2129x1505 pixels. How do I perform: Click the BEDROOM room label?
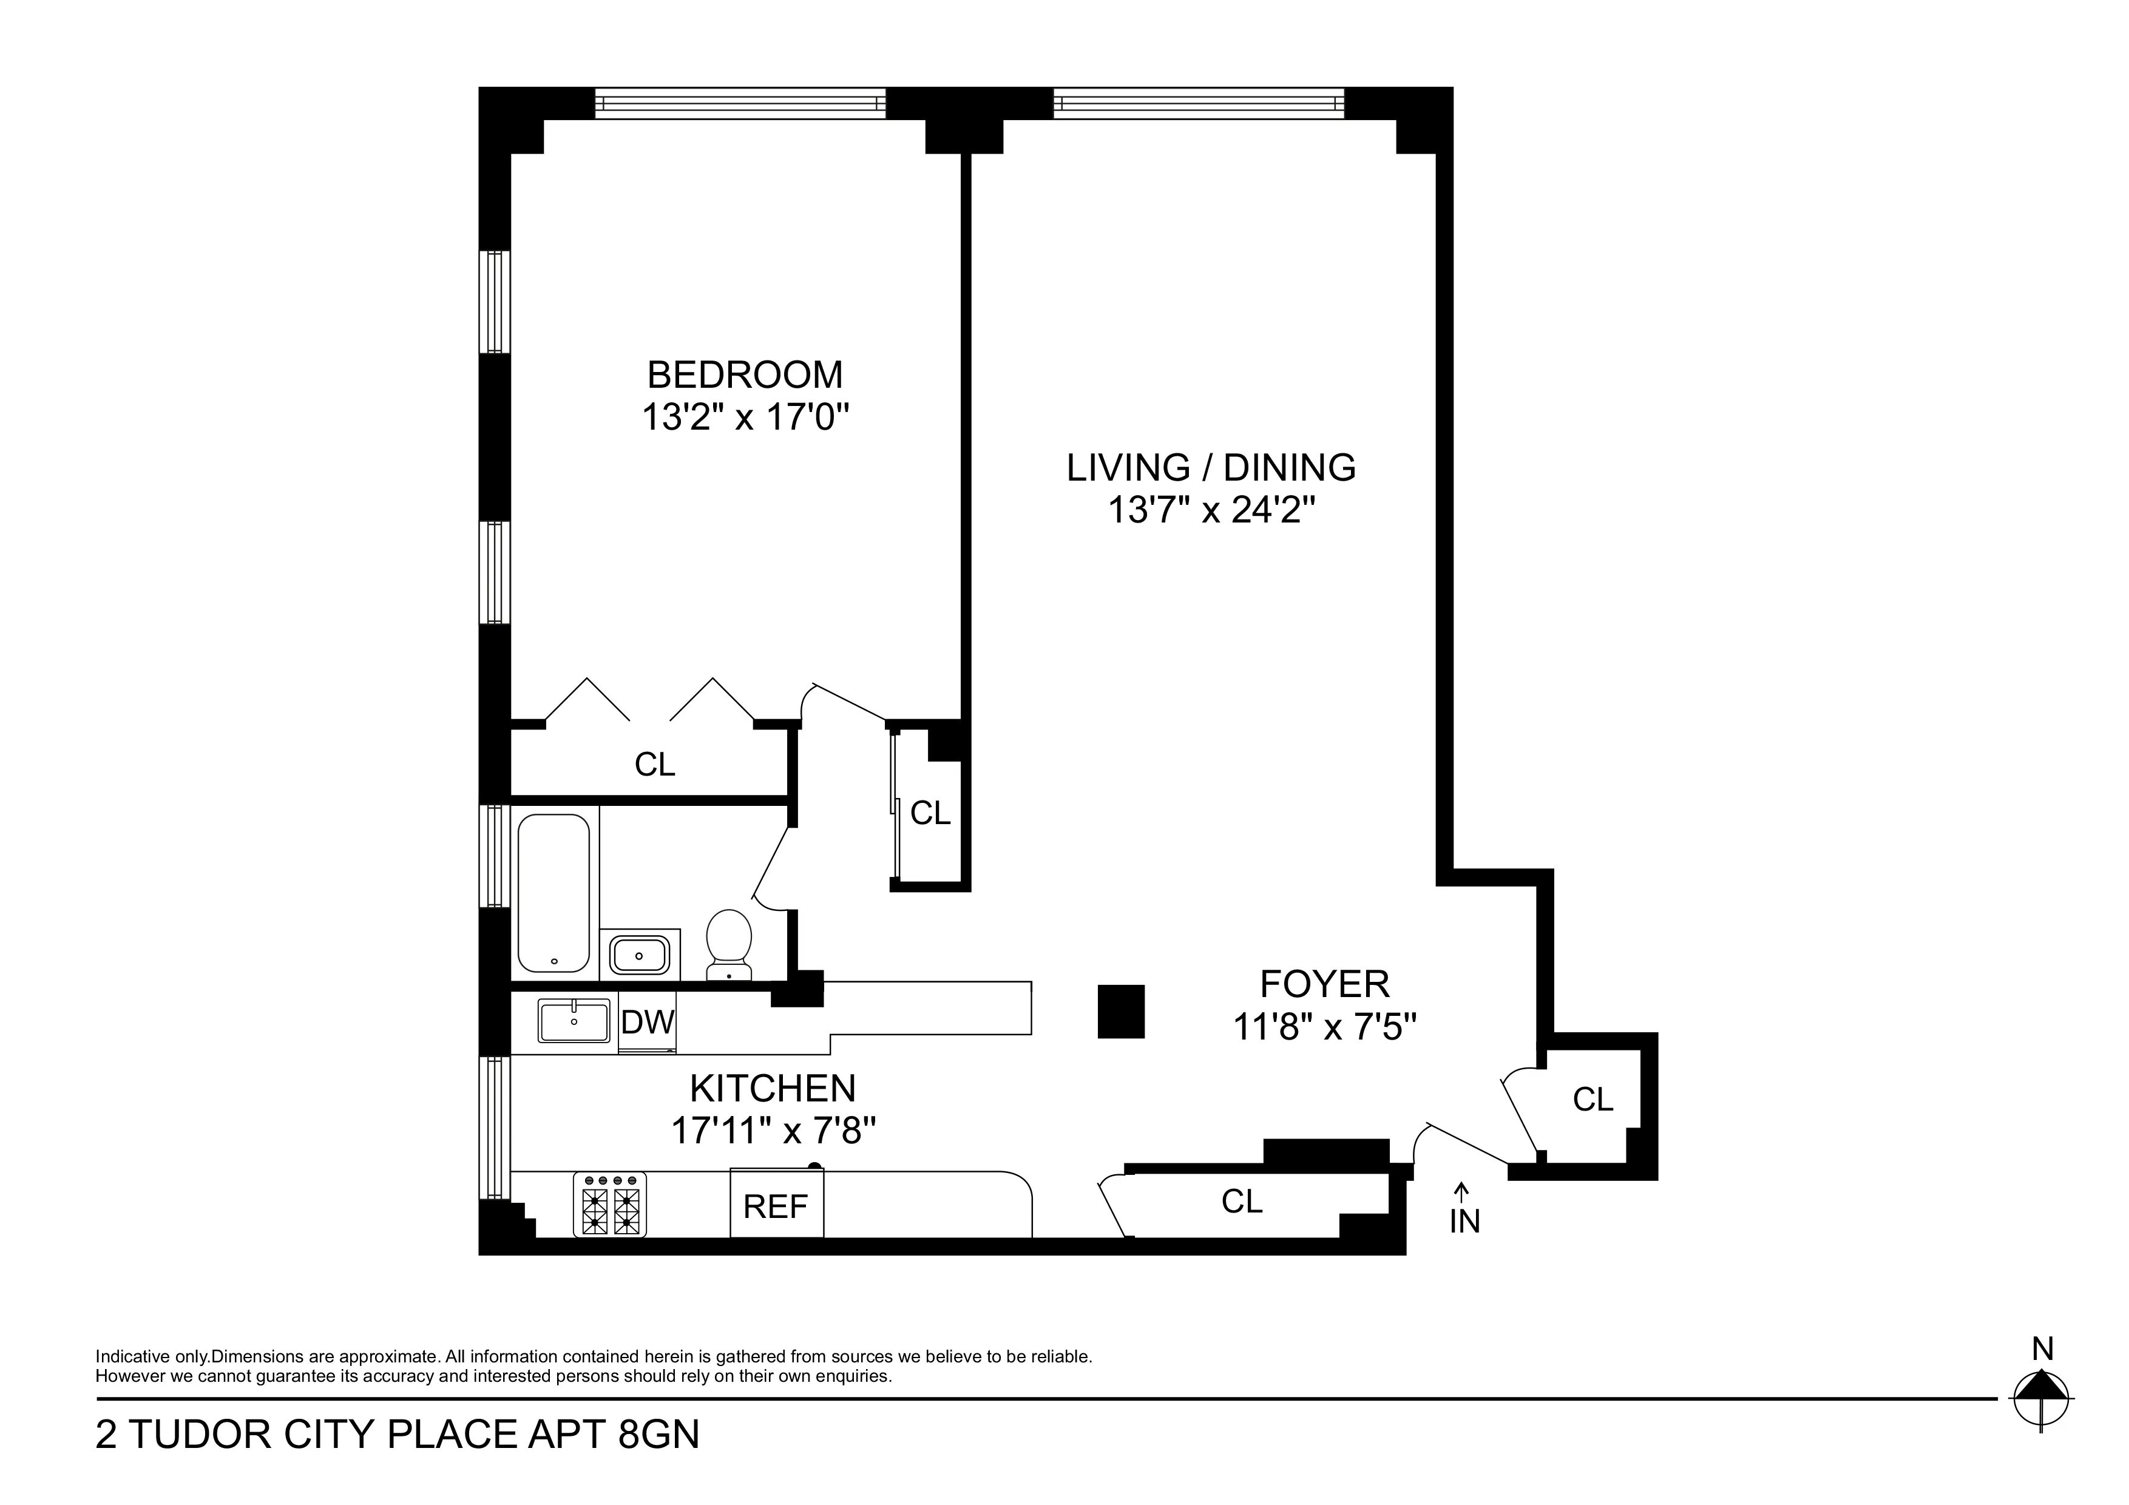click(745, 374)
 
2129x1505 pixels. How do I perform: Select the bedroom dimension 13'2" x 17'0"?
click(745, 418)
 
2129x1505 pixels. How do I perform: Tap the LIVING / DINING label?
click(1210, 467)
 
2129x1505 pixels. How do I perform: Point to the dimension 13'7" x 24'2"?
click(1211, 510)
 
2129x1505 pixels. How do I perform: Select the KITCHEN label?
click(773, 1087)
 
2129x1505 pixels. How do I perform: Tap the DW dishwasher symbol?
click(647, 1023)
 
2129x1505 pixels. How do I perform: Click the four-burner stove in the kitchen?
click(609, 1205)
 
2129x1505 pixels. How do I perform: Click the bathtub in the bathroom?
click(553, 893)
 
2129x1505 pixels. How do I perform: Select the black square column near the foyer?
click(1121, 1011)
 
